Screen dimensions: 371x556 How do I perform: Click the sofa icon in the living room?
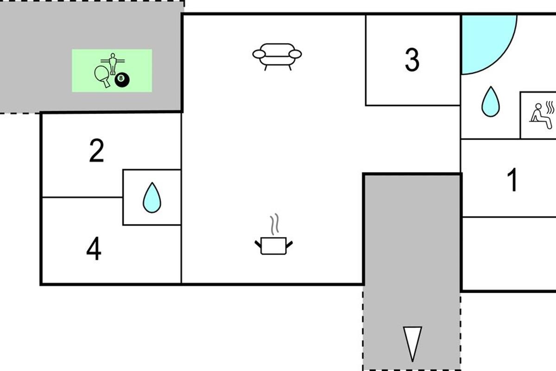point(277,56)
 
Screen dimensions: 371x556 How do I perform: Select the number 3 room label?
point(412,60)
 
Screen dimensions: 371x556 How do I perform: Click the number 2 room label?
point(96,151)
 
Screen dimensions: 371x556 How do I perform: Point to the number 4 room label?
point(94,249)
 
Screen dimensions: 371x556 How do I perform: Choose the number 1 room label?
point(512,180)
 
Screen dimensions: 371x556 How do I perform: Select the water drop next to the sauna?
point(491,102)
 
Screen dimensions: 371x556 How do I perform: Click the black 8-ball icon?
point(122,80)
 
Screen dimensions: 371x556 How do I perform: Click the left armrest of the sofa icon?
point(258,54)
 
